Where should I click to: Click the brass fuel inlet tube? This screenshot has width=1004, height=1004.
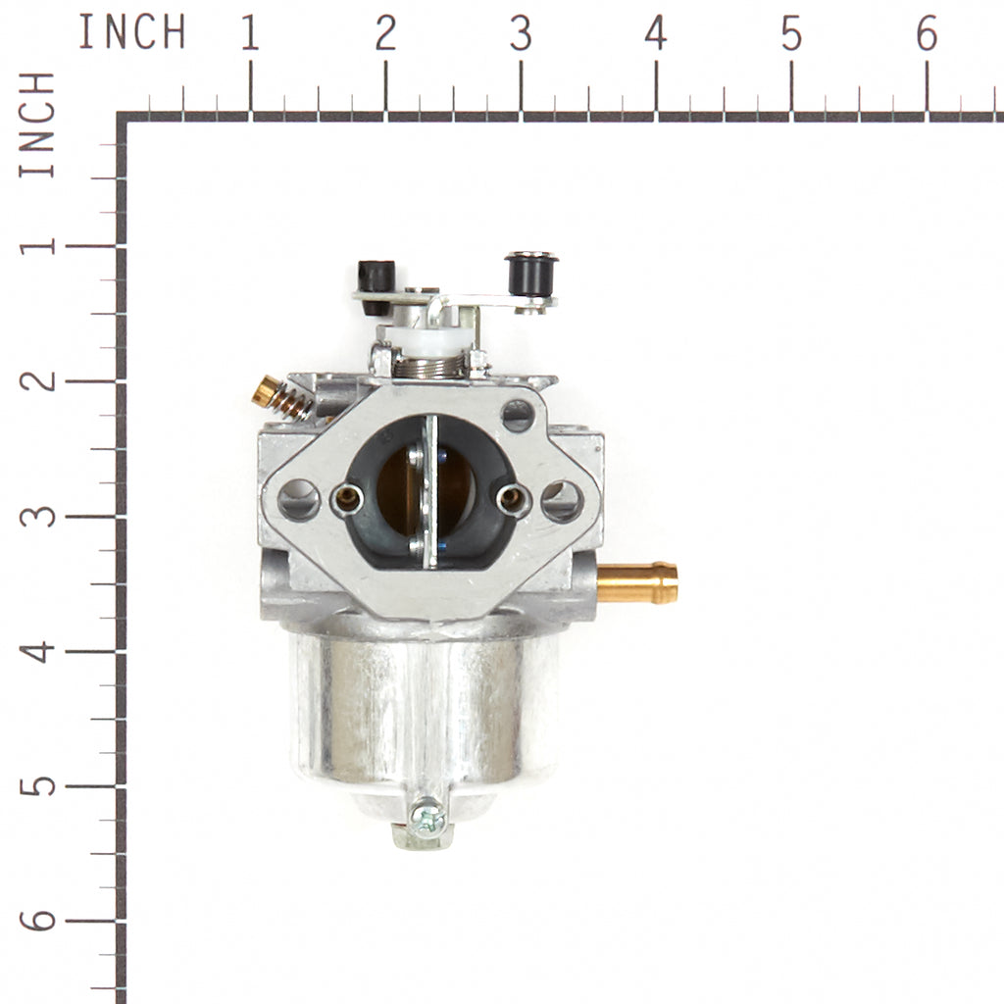(637, 582)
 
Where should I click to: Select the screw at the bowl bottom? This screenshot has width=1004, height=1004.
(427, 819)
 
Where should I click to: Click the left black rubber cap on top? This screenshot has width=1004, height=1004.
(376, 287)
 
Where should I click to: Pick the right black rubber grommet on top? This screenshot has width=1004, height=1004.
(531, 275)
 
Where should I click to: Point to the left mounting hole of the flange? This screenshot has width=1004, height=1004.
(299, 499)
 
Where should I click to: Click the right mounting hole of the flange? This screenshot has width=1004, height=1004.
(562, 501)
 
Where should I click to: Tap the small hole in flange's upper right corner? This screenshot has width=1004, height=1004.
(518, 415)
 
